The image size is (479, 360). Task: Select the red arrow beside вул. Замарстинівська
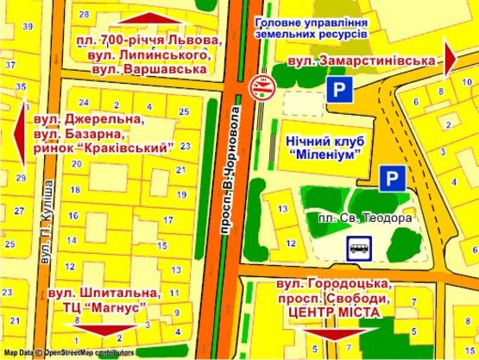[x=451, y=57]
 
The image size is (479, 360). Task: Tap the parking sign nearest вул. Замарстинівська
[x=338, y=90]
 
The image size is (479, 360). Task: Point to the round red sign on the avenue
[x=261, y=85]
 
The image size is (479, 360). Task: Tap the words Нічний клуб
[x=321, y=138]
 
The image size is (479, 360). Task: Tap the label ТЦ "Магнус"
[x=99, y=306]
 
